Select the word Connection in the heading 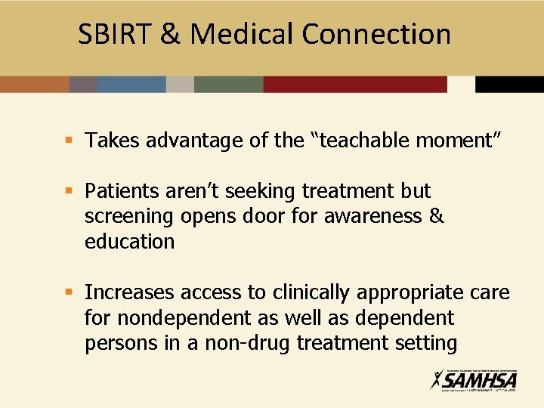coord(376,34)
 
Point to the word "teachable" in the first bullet coord(359,141)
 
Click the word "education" coord(129,242)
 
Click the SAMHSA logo coord(474,379)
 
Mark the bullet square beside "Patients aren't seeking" coord(68,191)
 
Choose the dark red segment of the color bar coord(355,84)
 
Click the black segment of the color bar coord(509,84)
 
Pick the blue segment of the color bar coord(131,84)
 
